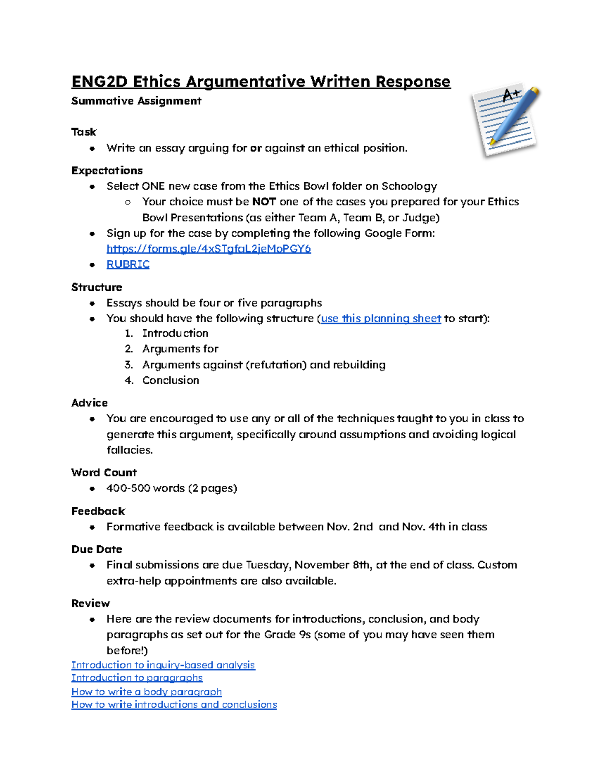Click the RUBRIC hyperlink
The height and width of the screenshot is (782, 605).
(128, 264)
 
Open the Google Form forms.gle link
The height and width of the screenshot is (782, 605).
(208, 249)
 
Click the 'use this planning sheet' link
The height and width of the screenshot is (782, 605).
(381, 318)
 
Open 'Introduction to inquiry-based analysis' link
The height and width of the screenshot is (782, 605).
(163, 665)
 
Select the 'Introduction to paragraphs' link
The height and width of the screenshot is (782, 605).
(137, 678)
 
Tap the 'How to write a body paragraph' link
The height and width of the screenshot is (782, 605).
(146, 692)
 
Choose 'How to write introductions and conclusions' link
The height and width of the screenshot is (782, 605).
(174, 705)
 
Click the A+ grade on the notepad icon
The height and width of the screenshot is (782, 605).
(511, 95)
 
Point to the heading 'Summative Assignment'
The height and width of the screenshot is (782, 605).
(136, 101)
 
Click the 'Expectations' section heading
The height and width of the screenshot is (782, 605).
(107, 170)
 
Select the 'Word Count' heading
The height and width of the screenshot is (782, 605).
(104, 472)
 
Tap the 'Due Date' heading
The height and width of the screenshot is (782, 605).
(96, 549)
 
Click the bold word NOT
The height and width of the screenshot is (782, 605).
(264, 202)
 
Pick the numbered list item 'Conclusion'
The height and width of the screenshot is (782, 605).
(170, 380)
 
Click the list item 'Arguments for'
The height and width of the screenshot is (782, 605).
(180, 349)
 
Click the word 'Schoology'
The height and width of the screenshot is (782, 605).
(409, 186)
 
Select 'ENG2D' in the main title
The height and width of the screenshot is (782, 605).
(99, 81)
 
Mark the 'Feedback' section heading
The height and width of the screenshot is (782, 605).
(98, 511)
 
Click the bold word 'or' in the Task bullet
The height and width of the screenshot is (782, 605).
(256, 148)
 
